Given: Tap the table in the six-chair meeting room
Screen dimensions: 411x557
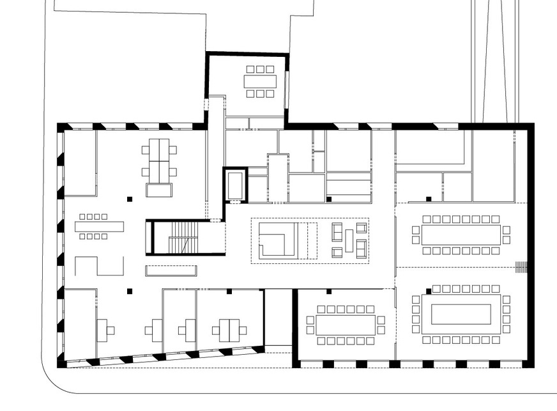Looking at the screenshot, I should pos(260,81).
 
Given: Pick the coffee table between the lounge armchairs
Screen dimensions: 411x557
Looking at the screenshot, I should pos(349,240).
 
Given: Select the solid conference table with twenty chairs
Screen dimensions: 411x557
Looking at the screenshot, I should pos(460,235).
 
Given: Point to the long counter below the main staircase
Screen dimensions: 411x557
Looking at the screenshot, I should pos(171,270).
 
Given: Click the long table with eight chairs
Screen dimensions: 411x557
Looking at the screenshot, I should pos(99,226).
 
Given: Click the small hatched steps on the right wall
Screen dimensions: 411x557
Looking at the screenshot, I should pos(522,267).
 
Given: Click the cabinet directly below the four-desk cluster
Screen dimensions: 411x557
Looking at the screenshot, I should pos(159,190).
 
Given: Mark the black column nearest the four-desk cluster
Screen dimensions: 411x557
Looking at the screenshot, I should pos(130,199).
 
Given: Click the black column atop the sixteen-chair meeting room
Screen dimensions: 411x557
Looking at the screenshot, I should pos(329,291).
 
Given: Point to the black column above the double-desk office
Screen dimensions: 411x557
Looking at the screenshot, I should pos(228,291).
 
